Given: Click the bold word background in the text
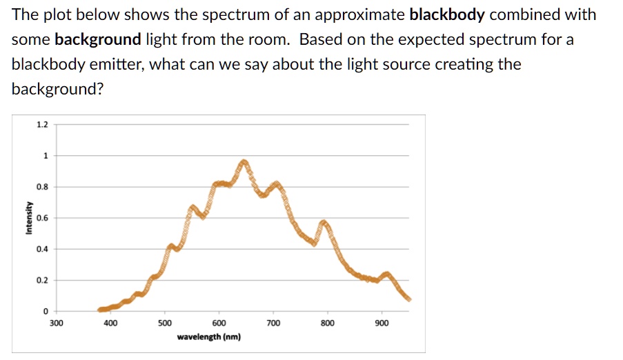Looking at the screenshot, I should click(97, 39).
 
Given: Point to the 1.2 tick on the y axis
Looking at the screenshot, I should click(42, 125).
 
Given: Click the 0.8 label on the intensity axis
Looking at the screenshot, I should click(42, 187).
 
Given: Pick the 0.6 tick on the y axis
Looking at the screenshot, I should click(42, 218).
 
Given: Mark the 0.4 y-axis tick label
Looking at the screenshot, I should click(42, 249).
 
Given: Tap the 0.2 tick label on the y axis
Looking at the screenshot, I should click(42, 280).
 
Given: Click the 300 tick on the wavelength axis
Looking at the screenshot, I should click(56, 323).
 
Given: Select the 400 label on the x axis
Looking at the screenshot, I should click(110, 323).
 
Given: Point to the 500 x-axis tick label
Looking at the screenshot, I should click(165, 323).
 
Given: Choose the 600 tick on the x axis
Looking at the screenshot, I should click(219, 323).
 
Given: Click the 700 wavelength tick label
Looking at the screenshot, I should click(273, 323).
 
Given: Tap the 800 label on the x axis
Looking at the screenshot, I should click(328, 323).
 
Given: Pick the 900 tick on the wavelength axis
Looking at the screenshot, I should click(382, 323).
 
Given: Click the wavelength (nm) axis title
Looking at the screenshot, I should click(209, 337).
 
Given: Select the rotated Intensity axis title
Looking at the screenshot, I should click(28, 218).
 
